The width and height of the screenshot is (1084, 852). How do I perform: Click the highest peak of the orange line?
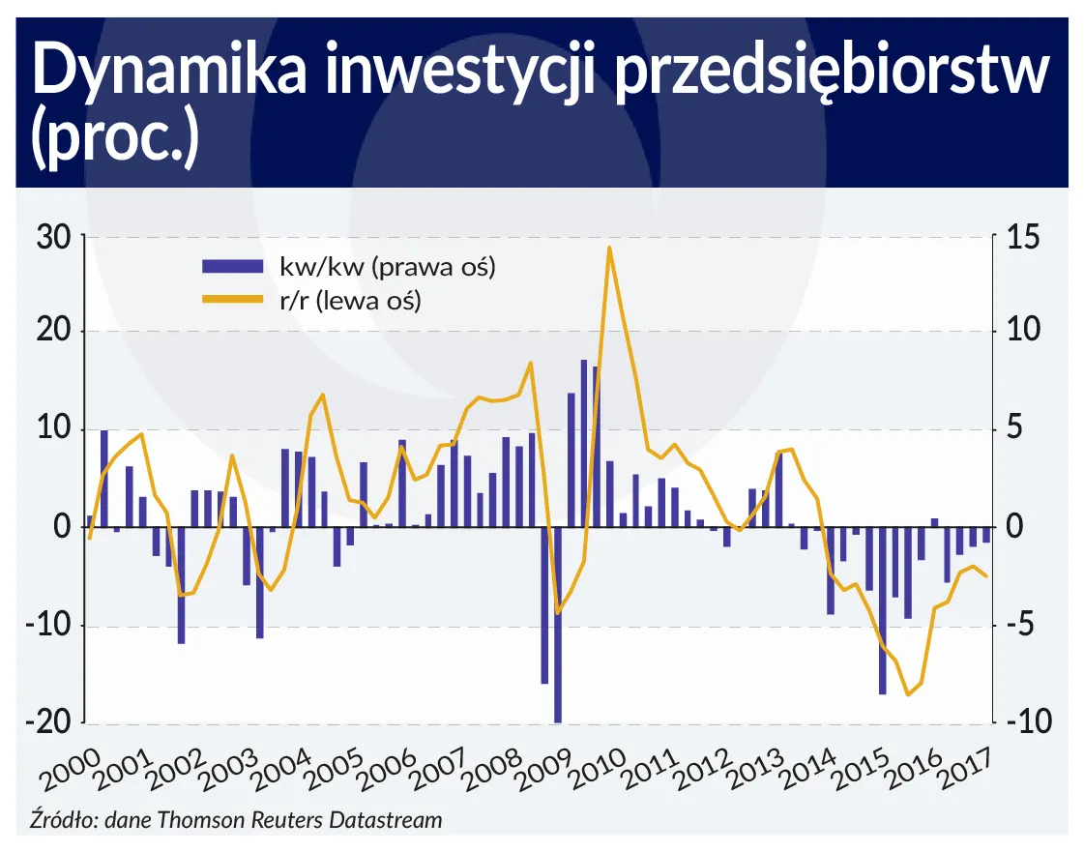point(609,248)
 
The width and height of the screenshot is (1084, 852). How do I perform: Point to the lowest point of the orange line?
point(908,694)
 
